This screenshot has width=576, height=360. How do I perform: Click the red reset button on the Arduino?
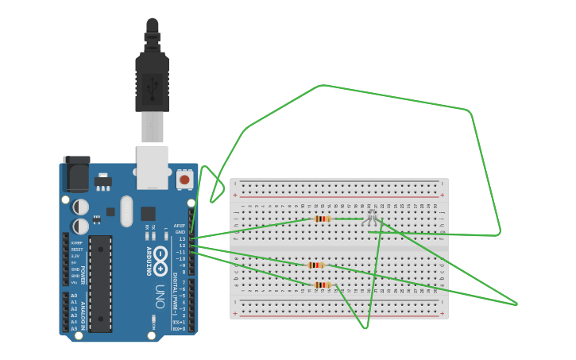pyautogui.click(x=184, y=180)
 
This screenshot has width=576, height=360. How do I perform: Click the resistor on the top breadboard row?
pyautogui.click(x=322, y=219)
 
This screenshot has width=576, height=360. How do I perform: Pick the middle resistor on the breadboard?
pyautogui.click(x=315, y=265)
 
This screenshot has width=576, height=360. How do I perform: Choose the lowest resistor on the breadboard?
pyautogui.click(x=322, y=285)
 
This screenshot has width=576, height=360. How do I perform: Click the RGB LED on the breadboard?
pyautogui.click(x=372, y=215)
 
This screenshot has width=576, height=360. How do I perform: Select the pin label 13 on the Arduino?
pyautogui.click(x=181, y=238)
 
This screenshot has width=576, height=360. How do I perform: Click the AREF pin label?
pyautogui.click(x=180, y=226)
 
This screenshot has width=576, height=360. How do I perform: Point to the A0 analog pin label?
pyautogui.click(x=74, y=296)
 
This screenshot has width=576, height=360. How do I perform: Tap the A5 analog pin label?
pyautogui.click(x=74, y=327)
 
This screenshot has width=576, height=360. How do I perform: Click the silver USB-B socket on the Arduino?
pyautogui.click(x=152, y=167)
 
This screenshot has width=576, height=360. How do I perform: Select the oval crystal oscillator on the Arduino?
pyautogui.click(x=126, y=211)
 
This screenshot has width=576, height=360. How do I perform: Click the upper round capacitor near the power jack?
pyautogui.click(x=81, y=207)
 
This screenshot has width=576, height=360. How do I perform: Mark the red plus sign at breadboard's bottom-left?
pyautogui.click(x=234, y=313)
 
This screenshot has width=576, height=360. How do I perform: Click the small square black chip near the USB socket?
pyautogui.click(x=148, y=213)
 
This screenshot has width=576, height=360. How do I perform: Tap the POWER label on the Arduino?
pyautogui.click(x=82, y=275)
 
